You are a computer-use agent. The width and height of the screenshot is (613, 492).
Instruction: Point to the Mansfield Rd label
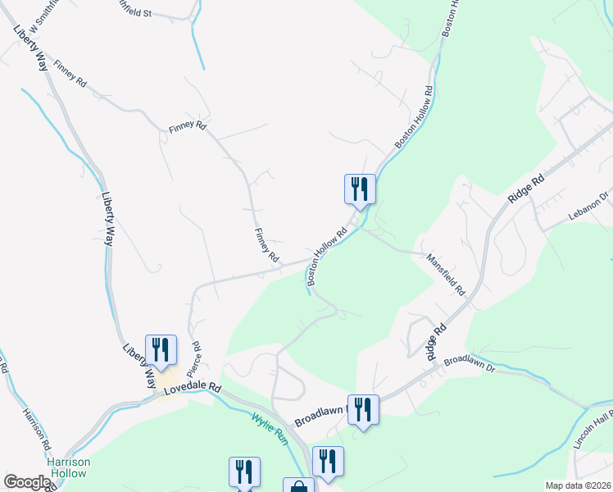tap(445, 274)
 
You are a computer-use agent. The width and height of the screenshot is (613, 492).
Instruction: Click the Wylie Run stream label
tap(270, 427)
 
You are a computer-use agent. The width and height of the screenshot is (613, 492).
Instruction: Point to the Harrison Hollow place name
tap(69, 467)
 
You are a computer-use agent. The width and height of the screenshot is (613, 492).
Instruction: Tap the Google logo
tap(27, 482)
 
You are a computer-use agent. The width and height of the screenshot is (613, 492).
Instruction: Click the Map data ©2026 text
tap(577, 485)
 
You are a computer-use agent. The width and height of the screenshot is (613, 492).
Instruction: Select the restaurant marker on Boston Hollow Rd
tap(359, 189)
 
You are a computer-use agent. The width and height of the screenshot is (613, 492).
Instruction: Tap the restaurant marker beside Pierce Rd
tap(160, 350)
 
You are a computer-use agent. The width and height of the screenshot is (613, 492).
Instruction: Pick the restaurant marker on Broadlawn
tap(362, 409)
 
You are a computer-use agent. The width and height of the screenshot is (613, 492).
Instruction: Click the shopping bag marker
tap(298, 486)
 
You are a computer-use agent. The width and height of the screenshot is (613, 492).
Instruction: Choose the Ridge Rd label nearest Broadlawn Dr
tap(436, 339)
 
